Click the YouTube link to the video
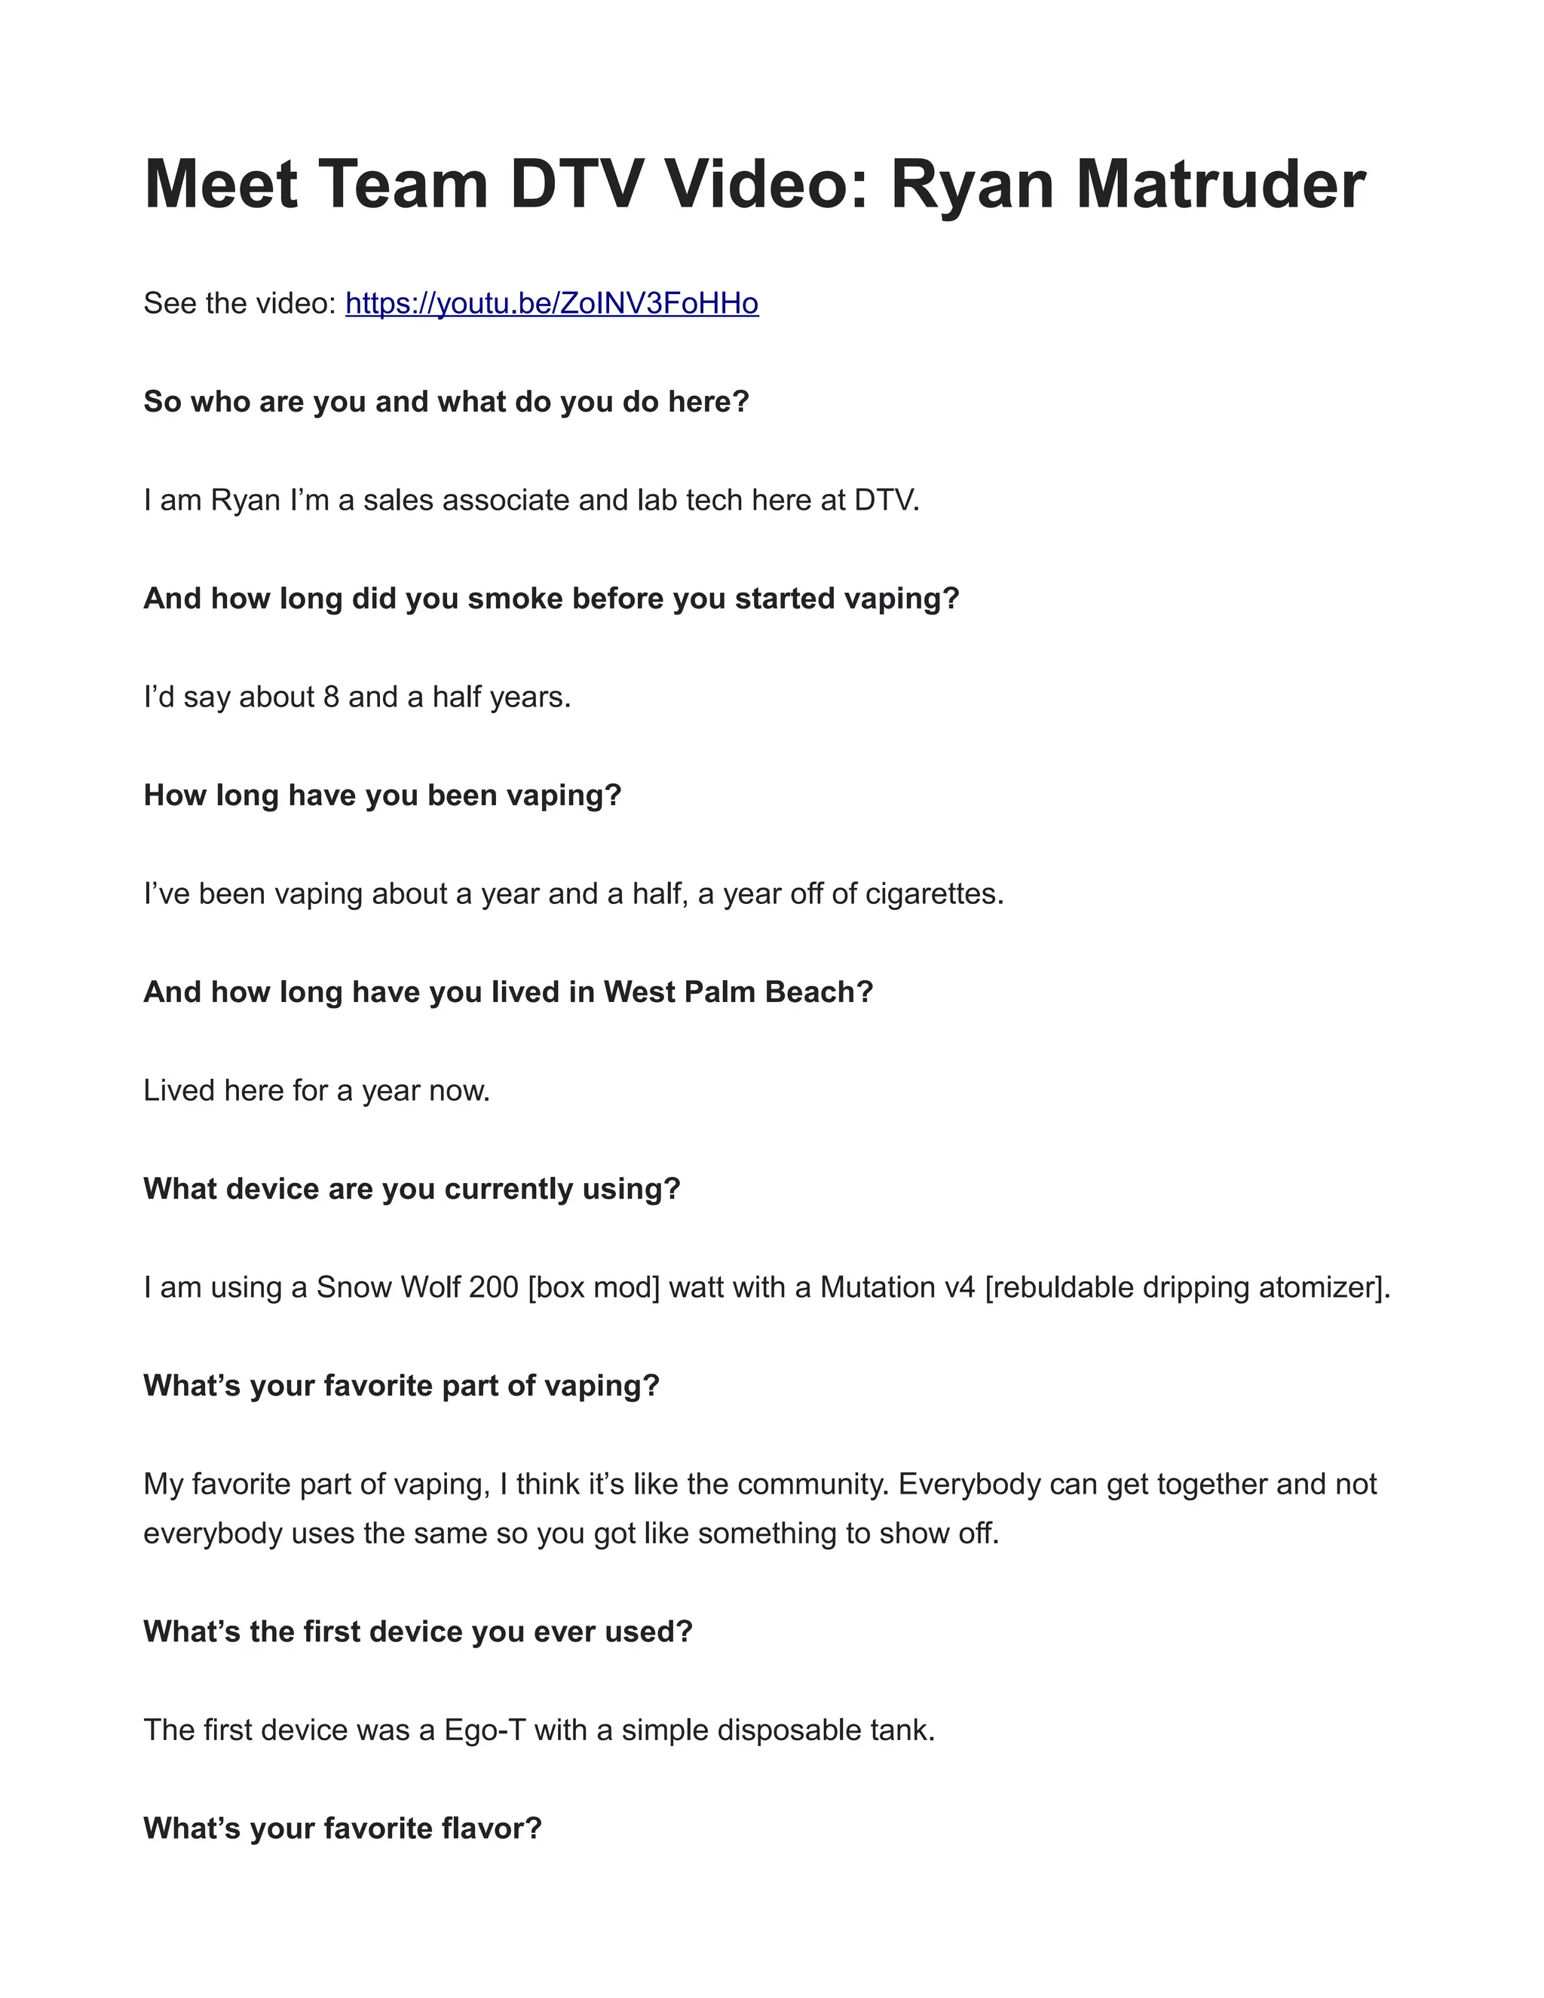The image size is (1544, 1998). pos(552,303)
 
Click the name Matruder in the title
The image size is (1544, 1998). pos(1221,185)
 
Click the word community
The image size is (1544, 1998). pos(812,1484)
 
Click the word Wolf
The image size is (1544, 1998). pos(424,1287)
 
